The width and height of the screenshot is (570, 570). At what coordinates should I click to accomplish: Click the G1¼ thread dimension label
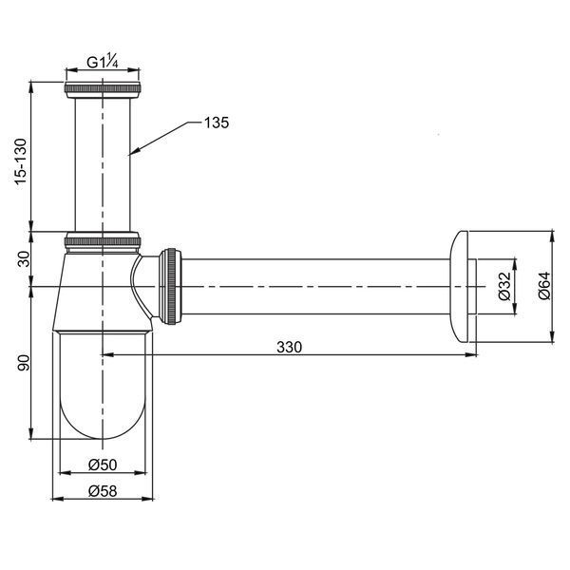click(x=103, y=63)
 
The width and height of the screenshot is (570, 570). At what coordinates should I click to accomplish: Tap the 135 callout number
click(x=217, y=123)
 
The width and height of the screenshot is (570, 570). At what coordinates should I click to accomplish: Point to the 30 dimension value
click(x=25, y=258)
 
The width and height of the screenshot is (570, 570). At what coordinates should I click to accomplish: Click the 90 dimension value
click(x=25, y=363)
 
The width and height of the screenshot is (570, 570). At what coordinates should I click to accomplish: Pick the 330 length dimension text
click(x=289, y=347)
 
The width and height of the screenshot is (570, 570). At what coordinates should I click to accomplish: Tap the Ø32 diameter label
click(x=504, y=286)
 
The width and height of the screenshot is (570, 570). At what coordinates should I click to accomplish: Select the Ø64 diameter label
click(x=544, y=286)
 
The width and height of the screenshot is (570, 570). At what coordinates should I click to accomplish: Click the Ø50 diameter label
click(x=103, y=465)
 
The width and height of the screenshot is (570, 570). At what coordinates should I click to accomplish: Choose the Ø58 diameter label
click(x=103, y=491)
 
